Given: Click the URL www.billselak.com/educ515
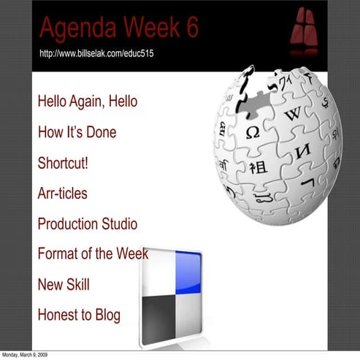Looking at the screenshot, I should pos(96,53).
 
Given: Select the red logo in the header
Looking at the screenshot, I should pos(303,32).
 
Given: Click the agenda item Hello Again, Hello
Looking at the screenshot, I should pos(87,102).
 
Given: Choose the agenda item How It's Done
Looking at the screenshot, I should pos(77,132).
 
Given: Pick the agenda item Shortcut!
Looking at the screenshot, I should pos(63,163).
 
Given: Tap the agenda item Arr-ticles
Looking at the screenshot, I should pos(62,194).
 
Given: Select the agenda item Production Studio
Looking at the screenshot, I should pos(87,224).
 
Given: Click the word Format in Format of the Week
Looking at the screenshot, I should pos(57,254).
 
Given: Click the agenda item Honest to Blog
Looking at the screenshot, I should pos(79,315).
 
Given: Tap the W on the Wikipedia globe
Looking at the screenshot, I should pos(293,114).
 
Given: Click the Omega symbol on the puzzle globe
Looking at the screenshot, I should pos(253,133).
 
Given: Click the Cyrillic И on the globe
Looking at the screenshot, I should pos(302,151).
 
